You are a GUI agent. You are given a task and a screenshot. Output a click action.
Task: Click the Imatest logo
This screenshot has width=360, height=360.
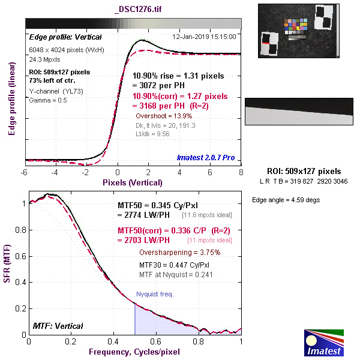(x=324, y=343)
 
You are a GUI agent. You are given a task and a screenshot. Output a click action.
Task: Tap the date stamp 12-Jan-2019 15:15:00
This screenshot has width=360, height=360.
(x=204, y=36)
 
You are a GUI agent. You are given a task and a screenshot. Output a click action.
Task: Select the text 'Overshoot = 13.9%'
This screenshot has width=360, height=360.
(x=164, y=115)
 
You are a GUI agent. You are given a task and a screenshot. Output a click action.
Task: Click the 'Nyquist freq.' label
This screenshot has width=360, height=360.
(x=154, y=295)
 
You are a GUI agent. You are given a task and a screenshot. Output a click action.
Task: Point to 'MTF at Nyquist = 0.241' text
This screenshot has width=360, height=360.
(x=176, y=274)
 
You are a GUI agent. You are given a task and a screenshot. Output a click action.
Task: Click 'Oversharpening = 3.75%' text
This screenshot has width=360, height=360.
(x=179, y=252)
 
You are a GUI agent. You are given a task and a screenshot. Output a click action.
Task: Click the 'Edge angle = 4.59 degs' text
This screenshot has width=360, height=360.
(x=286, y=199)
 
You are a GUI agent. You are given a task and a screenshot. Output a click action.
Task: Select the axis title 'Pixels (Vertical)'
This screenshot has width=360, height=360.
(x=133, y=182)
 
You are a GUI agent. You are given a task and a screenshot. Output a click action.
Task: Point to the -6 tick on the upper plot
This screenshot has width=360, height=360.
(x=25, y=173)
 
